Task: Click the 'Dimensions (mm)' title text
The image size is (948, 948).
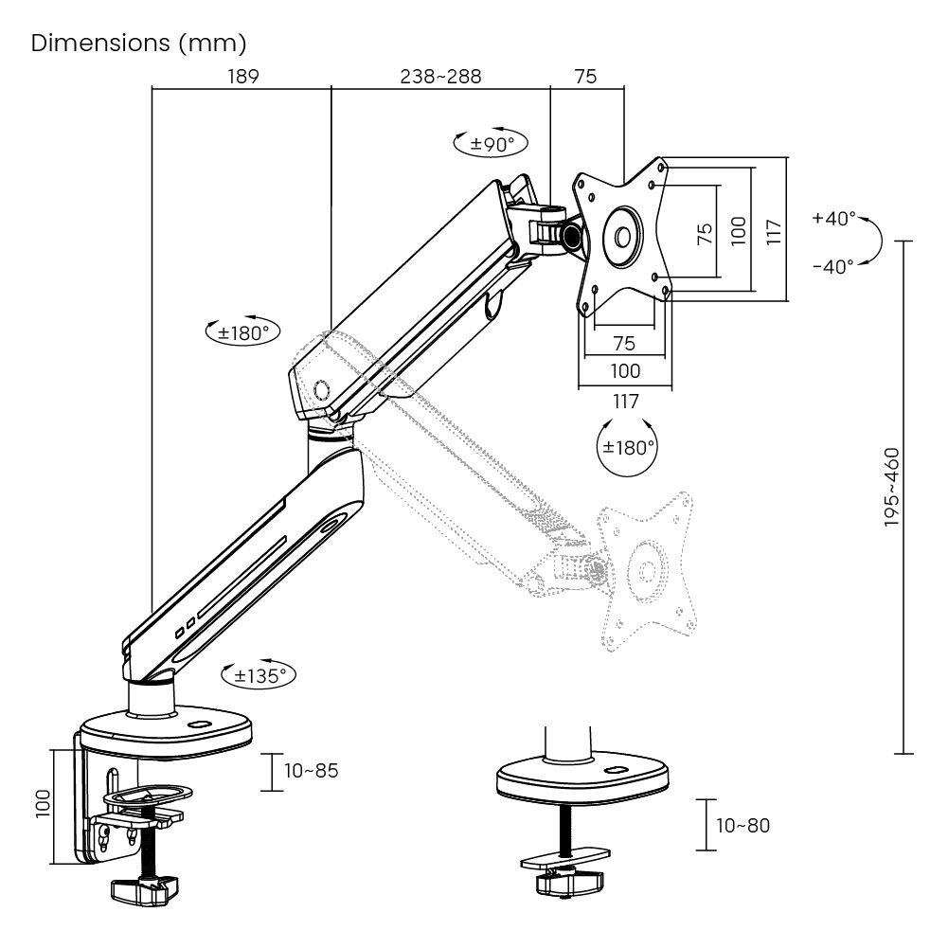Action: coord(138,44)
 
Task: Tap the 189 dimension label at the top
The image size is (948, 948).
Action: coord(243,77)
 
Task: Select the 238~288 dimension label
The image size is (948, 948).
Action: coord(440,77)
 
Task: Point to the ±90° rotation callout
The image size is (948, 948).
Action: coord(491,143)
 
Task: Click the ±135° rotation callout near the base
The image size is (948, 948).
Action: coord(259,675)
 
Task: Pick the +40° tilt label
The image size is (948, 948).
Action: coord(833,218)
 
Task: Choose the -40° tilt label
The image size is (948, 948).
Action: coord(833,266)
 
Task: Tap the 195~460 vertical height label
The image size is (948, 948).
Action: coord(892,487)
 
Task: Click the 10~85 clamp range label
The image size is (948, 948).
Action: coord(312,771)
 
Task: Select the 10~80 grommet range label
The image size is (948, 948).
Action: coord(743,825)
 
